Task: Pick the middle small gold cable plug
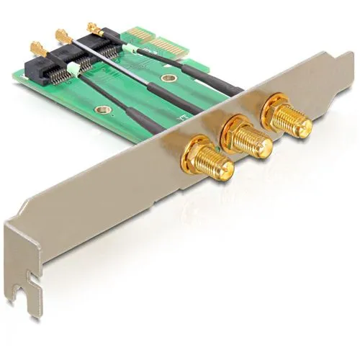(63, 36)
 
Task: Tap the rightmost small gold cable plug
(94, 27)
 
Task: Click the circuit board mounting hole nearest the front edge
(104, 110)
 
